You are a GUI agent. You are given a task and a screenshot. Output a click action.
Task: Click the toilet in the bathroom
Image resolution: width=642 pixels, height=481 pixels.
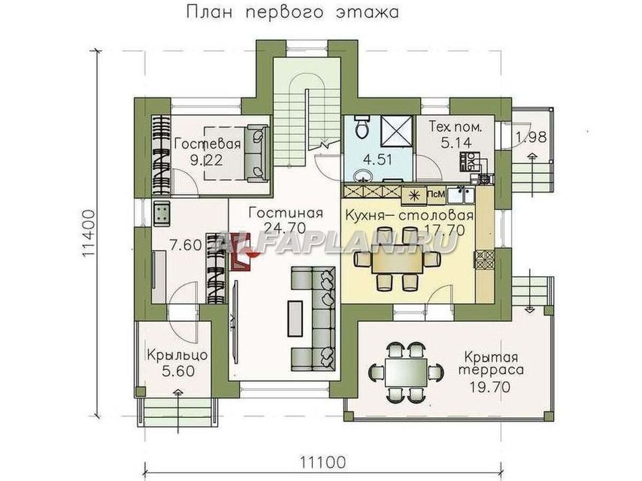361,128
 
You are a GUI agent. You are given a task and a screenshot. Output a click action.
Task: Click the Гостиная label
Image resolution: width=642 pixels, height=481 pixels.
286,213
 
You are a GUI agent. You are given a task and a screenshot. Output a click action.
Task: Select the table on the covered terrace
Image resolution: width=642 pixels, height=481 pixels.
406,370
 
